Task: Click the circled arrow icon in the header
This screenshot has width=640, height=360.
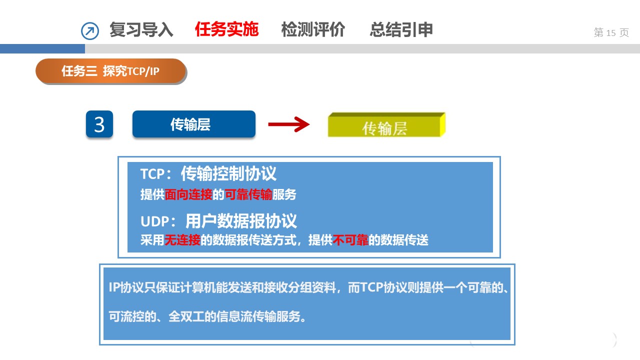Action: (x=90, y=31)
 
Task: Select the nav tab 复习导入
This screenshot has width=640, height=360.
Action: (x=141, y=29)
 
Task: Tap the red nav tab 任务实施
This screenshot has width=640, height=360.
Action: (x=226, y=29)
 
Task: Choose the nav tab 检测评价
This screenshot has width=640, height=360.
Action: (x=313, y=29)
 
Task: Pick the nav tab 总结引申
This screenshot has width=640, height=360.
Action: (x=401, y=29)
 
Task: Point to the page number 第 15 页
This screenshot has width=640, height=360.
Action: (x=611, y=32)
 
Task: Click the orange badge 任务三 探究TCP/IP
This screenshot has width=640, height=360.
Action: (x=110, y=71)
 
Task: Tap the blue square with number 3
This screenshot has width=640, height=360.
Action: (x=99, y=124)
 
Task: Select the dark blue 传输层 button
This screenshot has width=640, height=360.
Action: (x=193, y=124)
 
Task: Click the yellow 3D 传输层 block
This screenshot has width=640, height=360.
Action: (x=386, y=125)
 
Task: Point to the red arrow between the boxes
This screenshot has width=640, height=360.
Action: (x=288, y=124)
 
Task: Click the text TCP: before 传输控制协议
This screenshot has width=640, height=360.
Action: (x=156, y=174)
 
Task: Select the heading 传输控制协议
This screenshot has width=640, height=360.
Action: (x=228, y=173)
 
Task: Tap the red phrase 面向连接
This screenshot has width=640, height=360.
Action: (x=188, y=194)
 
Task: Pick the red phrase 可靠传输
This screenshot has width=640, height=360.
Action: (x=248, y=194)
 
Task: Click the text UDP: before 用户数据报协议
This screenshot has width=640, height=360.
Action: (x=158, y=221)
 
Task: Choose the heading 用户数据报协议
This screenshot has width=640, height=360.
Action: (x=241, y=221)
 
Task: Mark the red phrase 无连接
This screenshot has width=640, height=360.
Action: (x=182, y=240)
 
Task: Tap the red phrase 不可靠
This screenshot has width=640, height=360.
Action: (x=350, y=240)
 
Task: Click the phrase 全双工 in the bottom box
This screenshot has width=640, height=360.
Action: (x=186, y=316)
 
